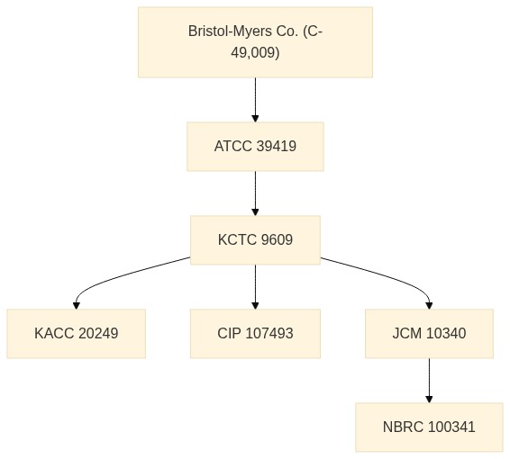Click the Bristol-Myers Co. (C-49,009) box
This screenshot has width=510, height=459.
point(255,42)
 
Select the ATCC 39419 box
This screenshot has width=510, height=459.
point(255,147)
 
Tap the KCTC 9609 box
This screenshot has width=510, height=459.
point(255,240)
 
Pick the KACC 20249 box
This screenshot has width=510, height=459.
point(77,334)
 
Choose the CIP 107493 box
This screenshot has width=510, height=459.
point(255,334)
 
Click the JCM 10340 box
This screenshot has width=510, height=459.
point(429,334)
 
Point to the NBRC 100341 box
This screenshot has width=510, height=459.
point(429,427)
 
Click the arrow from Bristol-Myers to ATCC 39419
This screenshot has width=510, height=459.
point(255,100)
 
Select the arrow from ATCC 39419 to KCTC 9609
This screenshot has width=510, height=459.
point(255,193)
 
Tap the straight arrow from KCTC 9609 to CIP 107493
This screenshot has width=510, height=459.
point(255,287)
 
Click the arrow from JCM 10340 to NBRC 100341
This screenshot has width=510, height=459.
point(429,381)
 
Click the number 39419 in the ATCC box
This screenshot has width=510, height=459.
point(276,146)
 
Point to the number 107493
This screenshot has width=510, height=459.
point(269,333)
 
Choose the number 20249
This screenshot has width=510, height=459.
point(98,333)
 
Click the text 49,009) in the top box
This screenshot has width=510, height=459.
point(255,52)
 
